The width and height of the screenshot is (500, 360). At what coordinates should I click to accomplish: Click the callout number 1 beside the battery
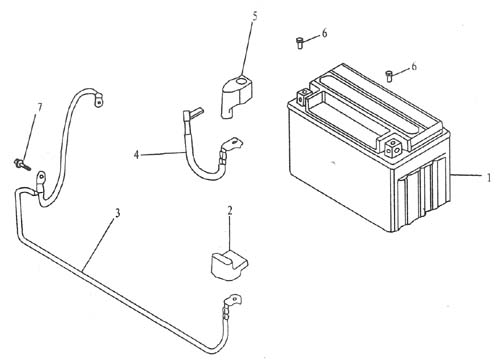point(489,178)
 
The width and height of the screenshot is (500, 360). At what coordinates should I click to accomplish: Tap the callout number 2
point(230,211)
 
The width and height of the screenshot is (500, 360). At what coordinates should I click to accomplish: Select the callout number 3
point(117,213)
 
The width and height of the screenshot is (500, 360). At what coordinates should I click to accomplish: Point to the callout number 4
point(136,155)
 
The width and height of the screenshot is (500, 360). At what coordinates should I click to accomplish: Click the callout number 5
point(255,17)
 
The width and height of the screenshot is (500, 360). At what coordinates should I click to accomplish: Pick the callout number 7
point(40,107)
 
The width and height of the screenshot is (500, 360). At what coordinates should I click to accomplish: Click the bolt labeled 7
point(22,164)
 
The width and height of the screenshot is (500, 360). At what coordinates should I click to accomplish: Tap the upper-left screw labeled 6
point(300,43)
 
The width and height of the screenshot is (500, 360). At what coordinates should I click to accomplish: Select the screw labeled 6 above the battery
point(389,76)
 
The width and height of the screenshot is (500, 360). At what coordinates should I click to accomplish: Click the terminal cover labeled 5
point(237,97)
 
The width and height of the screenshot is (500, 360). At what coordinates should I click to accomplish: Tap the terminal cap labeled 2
point(229,266)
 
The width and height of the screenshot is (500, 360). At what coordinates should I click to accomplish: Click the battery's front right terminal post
point(393,149)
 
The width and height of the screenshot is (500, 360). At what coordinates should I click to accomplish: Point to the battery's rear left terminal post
point(303,97)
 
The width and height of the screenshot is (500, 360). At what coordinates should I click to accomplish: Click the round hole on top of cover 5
point(239,81)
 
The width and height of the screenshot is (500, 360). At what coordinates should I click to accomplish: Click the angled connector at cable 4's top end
point(192,113)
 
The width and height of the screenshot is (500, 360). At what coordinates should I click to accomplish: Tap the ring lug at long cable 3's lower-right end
point(233,301)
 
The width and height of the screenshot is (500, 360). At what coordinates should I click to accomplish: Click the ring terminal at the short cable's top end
point(99,99)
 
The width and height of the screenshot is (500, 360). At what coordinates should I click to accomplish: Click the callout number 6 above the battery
point(414,66)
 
